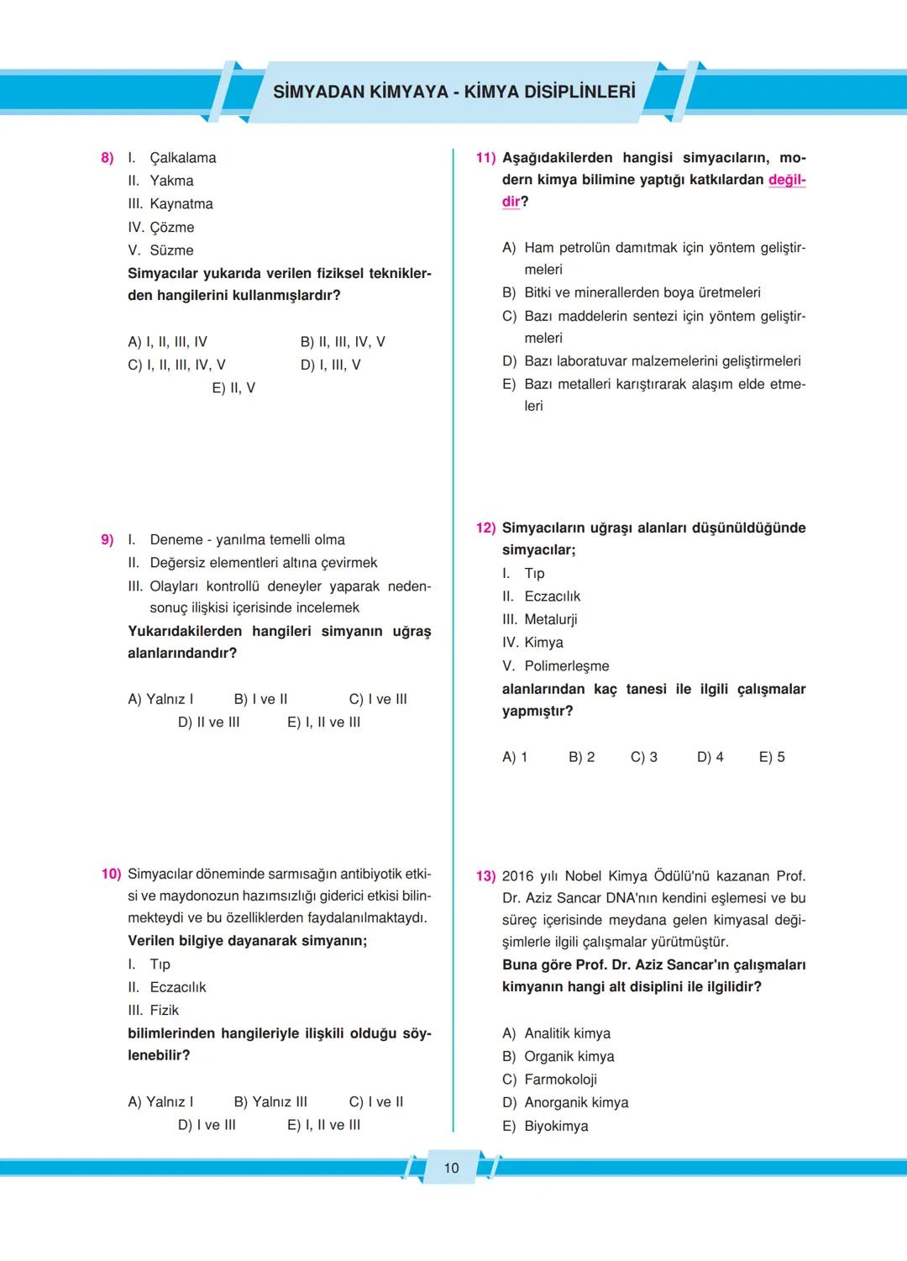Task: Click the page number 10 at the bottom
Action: pyautogui.click(x=451, y=1168)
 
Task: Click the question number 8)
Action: pyautogui.click(x=107, y=158)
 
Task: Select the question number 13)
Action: pyautogui.click(x=485, y=876)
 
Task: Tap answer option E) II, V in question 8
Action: pyautogui.click(x=233, y=388)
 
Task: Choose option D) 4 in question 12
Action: pyautogui.click(x=710, y=757)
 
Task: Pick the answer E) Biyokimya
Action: pyautogui.click(x=545, y=1126)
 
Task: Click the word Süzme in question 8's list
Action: pyautogui.click(x=171, y=250)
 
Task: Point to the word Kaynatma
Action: pyautogui.click(x=181, y=204)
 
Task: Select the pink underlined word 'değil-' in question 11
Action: pyautogui.click(x=787, y=180)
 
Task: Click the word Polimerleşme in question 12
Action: pyautogui.click(x=567, y=666)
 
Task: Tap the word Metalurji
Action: pyautogui.click(x=550, y=619)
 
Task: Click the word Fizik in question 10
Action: pyautogui.click(x=165, y=1010)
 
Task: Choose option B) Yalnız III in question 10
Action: pyautogui.click(x=270, y=1101)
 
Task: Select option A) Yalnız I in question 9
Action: pyautogui.click(x=160, y=699)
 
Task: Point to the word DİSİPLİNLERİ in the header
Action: pyautogui.click(x=580, y=92)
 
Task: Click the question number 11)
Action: pyautogui.click(x=485, y=158)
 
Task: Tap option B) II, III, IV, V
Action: pyautogui.click(x=343, y=342)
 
